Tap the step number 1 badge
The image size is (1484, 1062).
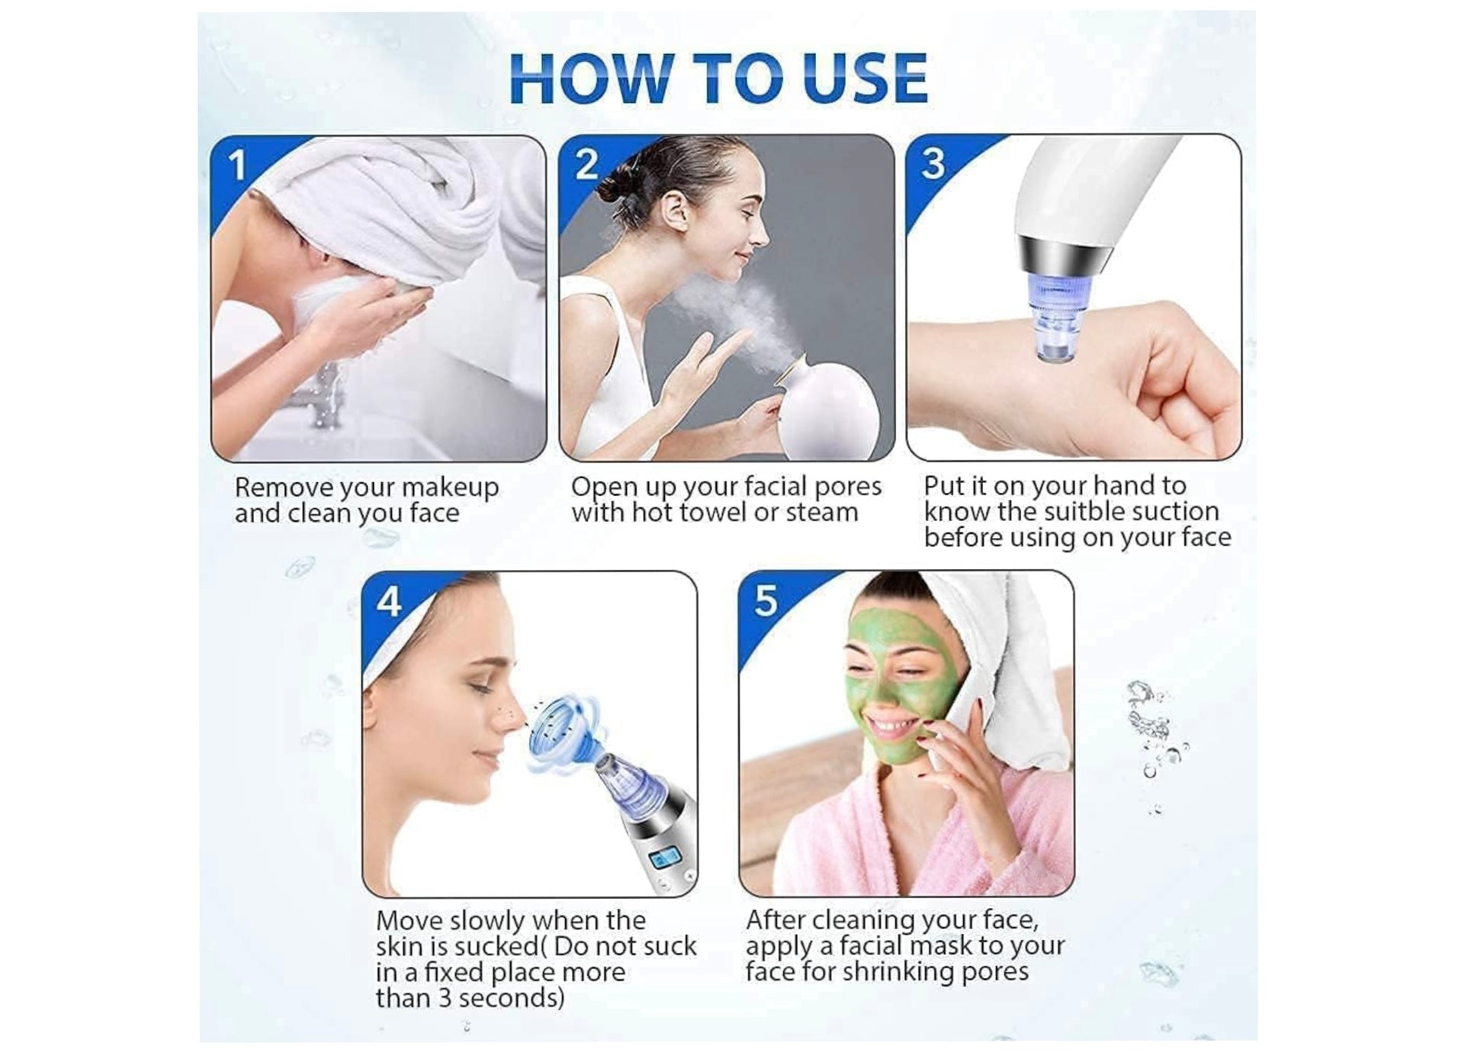point(237,166)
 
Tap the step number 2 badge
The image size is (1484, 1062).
point(586,164)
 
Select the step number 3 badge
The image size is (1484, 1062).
point(933,163)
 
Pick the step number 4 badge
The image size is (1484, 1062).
point(389,602)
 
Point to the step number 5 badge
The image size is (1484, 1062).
point(766,600)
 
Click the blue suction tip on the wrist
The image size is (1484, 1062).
point(1058,320)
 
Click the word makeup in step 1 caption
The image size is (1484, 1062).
point(449,488)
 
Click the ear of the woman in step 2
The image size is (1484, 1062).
point(674,211)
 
